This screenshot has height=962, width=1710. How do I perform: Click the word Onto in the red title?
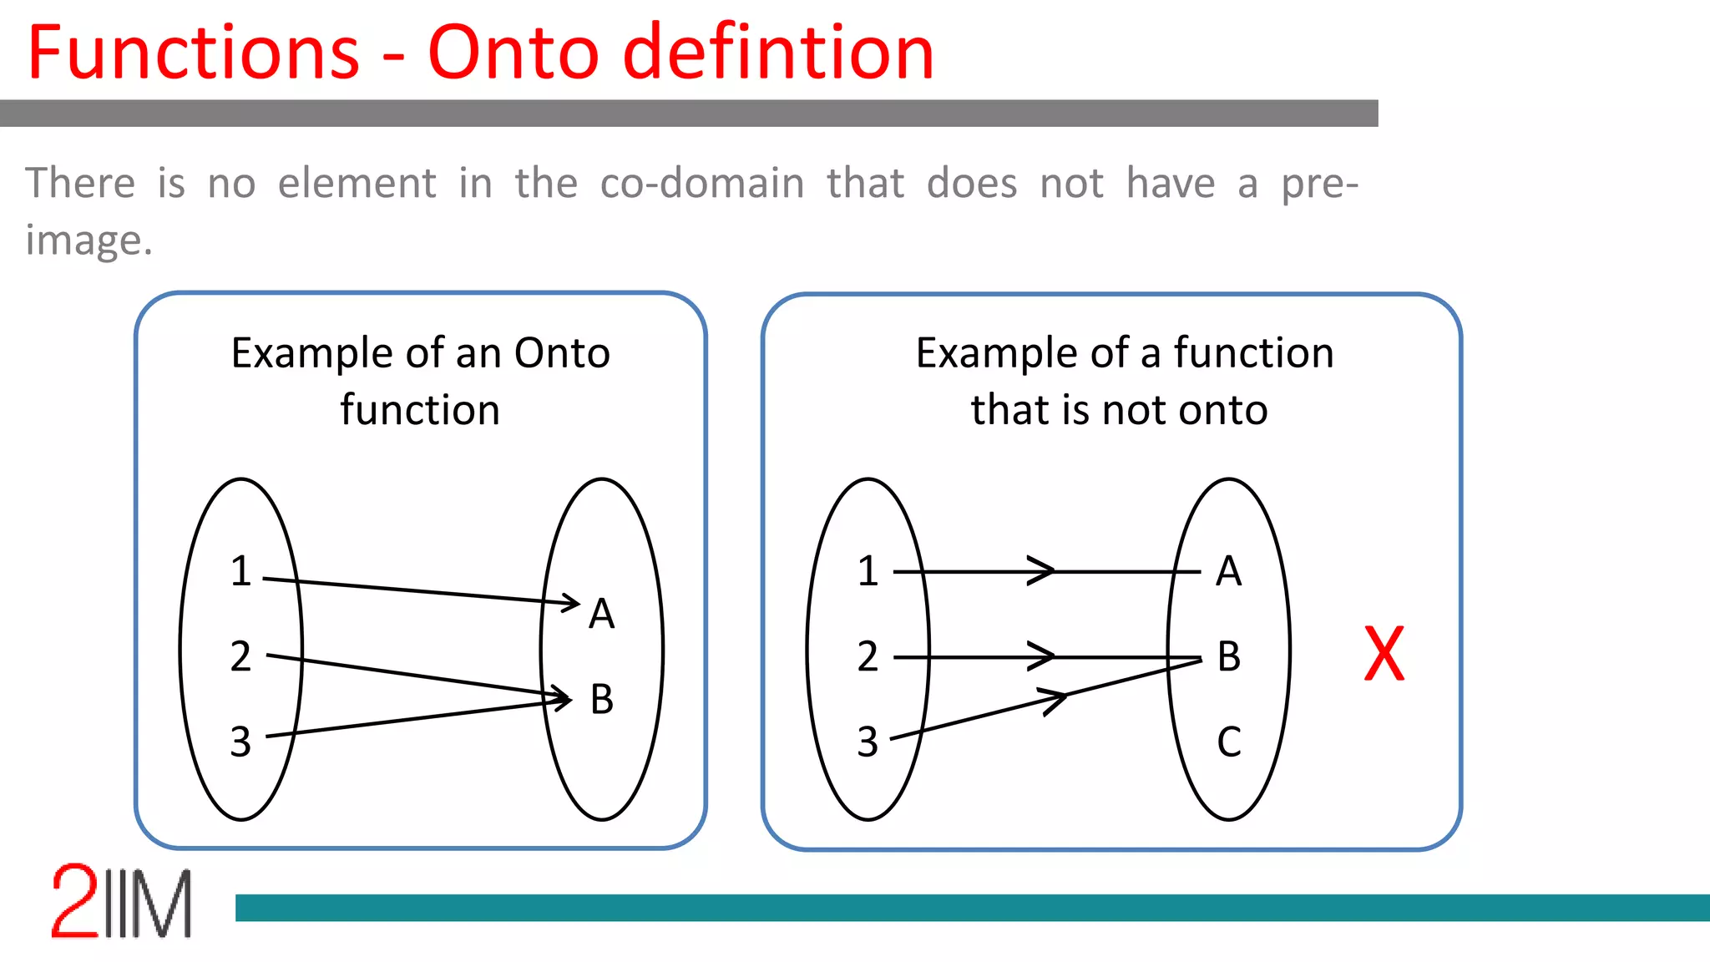512,53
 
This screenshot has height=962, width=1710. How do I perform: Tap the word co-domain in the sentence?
701,183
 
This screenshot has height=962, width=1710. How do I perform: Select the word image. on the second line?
89,240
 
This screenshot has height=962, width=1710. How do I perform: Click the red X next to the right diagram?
1384,654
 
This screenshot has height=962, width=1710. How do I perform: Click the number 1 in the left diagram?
240,572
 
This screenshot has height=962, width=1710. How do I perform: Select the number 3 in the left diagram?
240,742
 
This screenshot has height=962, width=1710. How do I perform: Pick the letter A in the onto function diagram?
601,615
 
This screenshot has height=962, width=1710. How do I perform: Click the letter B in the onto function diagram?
601,700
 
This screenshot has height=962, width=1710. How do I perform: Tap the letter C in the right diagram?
1228,742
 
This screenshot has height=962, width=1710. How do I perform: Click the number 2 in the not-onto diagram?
868,657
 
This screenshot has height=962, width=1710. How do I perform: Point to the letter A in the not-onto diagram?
1228,572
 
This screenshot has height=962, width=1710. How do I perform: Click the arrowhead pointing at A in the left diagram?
572,602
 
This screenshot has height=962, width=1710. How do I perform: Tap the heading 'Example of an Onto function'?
420,381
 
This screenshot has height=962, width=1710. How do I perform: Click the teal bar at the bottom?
969,908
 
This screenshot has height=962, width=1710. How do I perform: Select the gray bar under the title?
689,114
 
